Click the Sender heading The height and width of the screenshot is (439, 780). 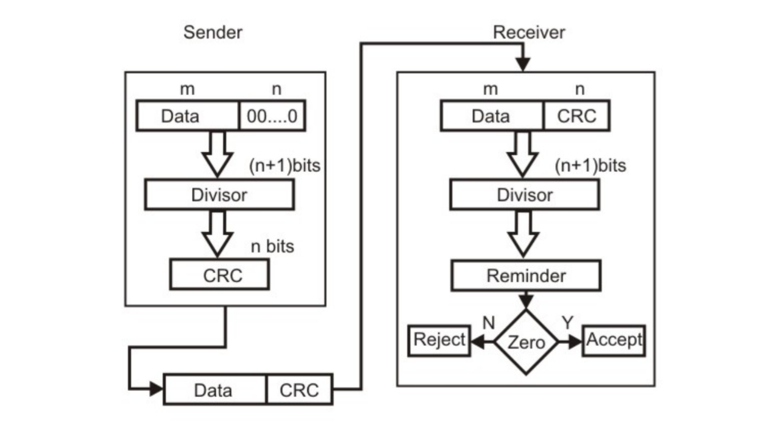(213, 32)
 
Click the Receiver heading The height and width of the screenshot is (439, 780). (528, 32)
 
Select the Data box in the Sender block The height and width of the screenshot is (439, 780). (187, 116)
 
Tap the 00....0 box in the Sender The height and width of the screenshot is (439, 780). (272, 116)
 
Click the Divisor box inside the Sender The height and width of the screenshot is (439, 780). (219, 195)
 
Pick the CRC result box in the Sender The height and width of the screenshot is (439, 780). (219, 275)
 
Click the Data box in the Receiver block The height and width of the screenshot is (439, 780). (491, 116)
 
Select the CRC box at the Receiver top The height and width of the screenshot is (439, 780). (576, 116)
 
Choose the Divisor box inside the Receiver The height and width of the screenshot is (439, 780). (525, 195)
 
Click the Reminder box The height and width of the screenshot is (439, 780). (525, 276)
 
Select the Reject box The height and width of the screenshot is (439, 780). (439, 340)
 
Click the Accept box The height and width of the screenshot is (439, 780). (614, 340)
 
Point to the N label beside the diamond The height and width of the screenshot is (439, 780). (488, 323)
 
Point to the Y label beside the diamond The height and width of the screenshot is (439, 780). (567, 323)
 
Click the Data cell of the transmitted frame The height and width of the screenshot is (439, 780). (214, 390)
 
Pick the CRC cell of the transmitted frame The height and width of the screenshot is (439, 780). (299, 390)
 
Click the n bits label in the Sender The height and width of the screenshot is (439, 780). (272, 246)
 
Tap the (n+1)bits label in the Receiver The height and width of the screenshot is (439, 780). (590, 165)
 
